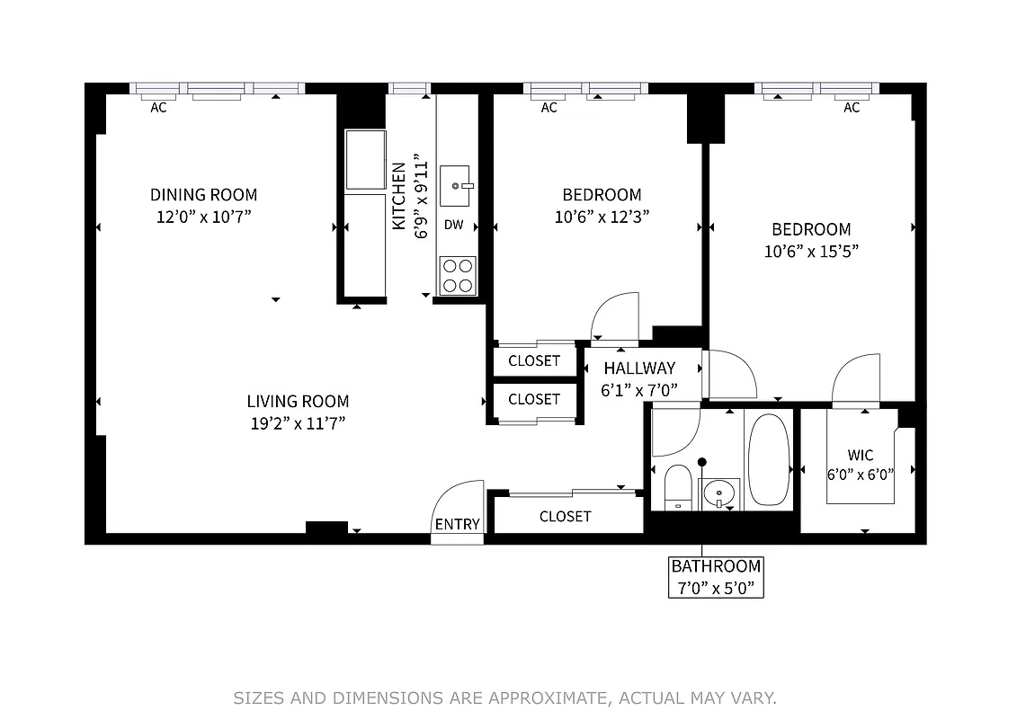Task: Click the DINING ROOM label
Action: coord(203,195)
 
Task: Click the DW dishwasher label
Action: coord(454,225)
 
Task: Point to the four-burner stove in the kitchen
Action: coord(458,275)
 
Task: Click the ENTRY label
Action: coord(457,525)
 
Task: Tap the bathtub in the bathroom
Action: coord(768,459)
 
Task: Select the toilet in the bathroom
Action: coord(676,487)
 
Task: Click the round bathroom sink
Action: coord(718,493)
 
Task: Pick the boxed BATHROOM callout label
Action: coord(717,577)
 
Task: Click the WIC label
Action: coord(860,456)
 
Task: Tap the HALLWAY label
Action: coord(639,368)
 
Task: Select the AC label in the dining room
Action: coord(158,108)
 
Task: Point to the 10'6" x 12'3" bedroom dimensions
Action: coord(602,217)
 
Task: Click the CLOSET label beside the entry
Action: coord(566,516)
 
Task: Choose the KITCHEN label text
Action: coord(399,196)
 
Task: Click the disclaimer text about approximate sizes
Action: coord(504,697)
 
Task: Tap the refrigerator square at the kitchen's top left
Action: coord(366,160)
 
